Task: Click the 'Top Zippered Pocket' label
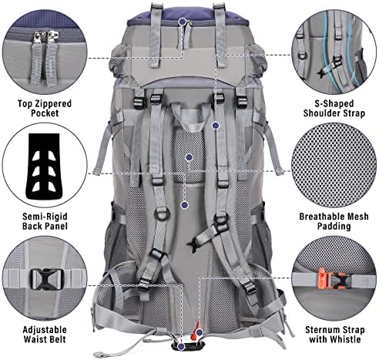(x=45, y=108)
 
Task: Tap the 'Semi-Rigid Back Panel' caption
(x=45, y=221)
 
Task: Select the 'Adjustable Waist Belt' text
(x=45, y=335)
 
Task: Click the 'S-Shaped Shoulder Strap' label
(x=334, y=108)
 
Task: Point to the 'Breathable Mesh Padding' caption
(x=334, y=221)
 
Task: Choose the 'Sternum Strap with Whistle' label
(x=334, y=335)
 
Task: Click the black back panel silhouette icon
(x=44, y=167)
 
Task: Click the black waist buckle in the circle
(x=47, y=279)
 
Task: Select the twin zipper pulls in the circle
(x=45, y=58)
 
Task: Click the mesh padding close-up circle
(x=334, y=165)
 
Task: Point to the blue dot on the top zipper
(x=183, y=22)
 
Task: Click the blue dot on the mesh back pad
(x=189, y=157)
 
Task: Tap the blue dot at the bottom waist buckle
(x=181, y=346)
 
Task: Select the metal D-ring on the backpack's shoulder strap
(x=162, y=214)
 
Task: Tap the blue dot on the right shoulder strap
(x=216, y=126)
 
